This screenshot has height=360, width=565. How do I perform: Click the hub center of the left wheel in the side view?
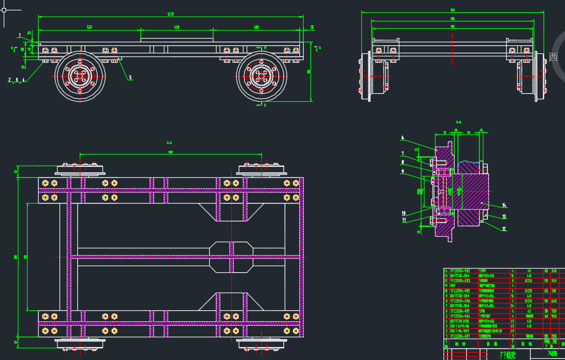coord(80,76)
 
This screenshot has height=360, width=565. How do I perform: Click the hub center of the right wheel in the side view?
coord(261,76)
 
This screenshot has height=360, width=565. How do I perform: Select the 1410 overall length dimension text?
coord(170,14)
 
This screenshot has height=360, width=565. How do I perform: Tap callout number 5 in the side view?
coord(130,78)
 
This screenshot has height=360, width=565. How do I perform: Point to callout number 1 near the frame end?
coord(20,35)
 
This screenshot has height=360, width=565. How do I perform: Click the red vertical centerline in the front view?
coord(452,61)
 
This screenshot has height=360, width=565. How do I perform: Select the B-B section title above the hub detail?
coord(458,122)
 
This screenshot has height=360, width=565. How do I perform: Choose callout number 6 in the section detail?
coord(402,137)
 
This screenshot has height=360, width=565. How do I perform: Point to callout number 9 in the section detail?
coord(402,172)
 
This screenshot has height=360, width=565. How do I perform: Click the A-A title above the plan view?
coord(169,142)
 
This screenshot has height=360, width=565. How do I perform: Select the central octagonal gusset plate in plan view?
coord(231,256)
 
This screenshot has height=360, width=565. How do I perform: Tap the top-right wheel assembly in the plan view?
coord(262,170)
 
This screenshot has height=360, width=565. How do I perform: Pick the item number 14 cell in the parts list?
coord(447,270)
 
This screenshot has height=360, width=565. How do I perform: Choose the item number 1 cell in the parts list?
coord(447,336)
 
